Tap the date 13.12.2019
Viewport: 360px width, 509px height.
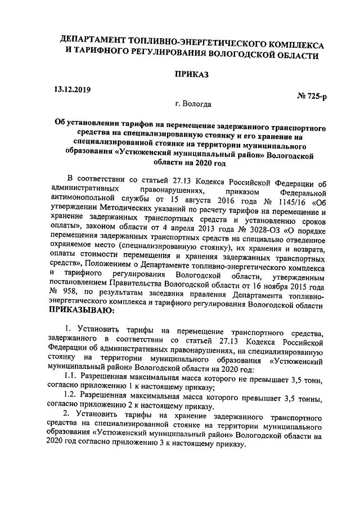(72, 89)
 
